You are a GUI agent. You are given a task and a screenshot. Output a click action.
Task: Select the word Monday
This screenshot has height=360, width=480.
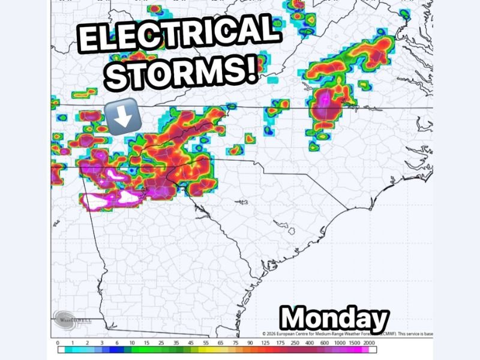(x=334, y=318)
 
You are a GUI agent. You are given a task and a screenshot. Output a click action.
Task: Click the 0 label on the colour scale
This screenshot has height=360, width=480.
(x=57, y=342)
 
